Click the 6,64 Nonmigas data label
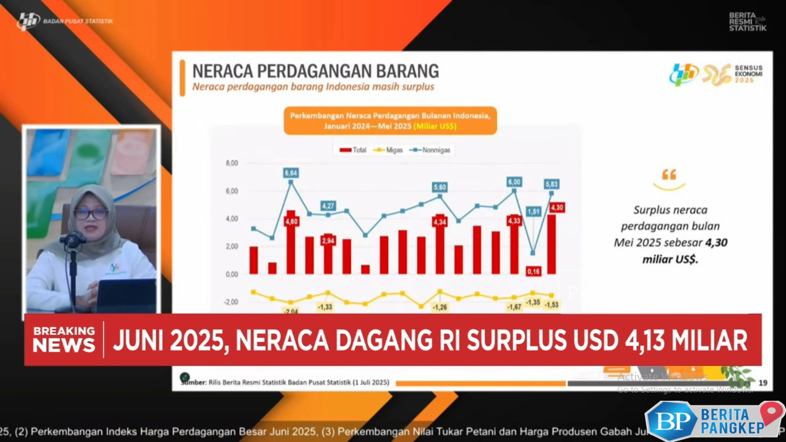291,173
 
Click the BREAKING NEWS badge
64,339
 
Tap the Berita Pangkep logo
714,419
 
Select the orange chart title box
390,120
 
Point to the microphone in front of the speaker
73,240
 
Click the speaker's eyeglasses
90,213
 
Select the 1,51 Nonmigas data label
533,212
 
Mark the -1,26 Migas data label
440,306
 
